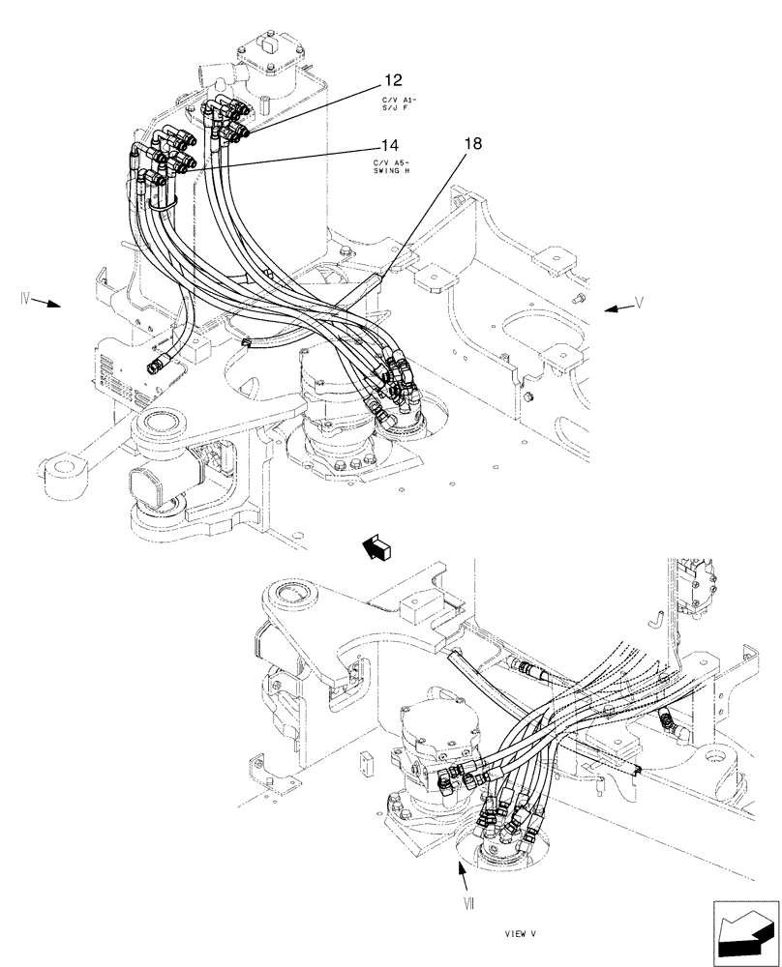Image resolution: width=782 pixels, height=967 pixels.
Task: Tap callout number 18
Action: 472,144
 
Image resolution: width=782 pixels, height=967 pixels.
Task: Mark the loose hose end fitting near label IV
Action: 158,363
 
